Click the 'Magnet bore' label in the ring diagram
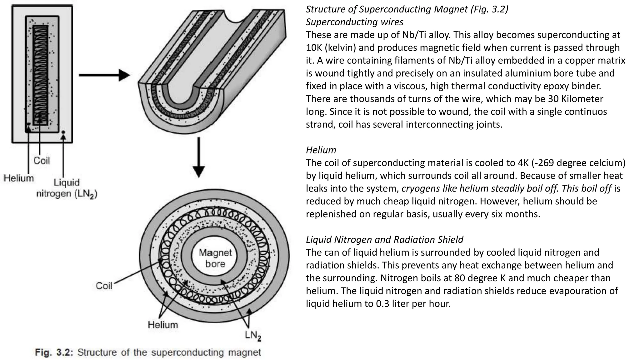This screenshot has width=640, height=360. click(x=215, y=258)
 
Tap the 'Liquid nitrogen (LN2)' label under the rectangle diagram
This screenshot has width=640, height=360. click(x=67, y=188)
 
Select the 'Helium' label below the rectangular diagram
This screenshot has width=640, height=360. click(x=19, y=178)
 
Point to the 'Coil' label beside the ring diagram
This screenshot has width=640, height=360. click(x=104, y=286)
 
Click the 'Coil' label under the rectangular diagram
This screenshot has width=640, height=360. click(x=42, y=161)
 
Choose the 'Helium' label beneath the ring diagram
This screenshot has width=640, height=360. click(x=163, y=325)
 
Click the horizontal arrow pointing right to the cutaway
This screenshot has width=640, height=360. click(x=104, y=75)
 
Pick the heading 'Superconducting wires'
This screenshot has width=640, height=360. click(x=354, y=22)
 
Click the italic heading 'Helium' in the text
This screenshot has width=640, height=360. click(x=321, y=150)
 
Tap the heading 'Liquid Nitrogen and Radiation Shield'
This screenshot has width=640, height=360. click(x=384, y=239)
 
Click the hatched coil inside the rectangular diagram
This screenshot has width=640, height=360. click(x=40, y=75)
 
